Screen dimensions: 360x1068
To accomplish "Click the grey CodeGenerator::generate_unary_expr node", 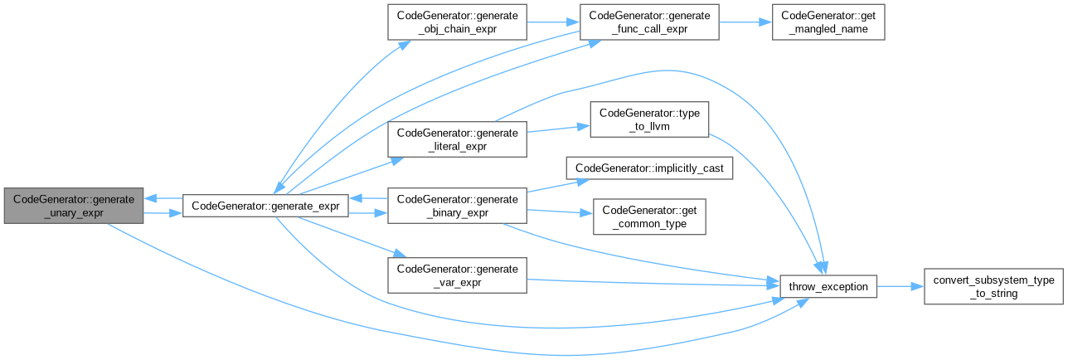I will pyautogui.click(x=73, y=205).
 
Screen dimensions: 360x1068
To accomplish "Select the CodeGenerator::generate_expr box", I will pyautogui.click(x=265, y=205).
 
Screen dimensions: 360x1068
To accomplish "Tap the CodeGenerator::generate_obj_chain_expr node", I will pyautogui.click(x=457, y=24).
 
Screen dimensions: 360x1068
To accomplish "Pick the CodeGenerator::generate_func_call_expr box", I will pyautogui.click(x=648, y=24).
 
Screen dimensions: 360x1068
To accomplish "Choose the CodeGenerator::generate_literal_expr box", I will pyautogui.click(x=457, y=139).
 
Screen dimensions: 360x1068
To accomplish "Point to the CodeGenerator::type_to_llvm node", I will pyautogui.click(x=648, y=119).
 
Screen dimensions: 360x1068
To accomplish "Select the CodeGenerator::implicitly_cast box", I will pyautogui.click(x=648, y=168).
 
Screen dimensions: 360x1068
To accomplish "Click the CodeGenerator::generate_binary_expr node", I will pyautogui.click(x=457, y=205).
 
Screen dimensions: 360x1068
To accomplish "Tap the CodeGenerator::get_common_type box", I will pyautogui.click(x=648, y=216).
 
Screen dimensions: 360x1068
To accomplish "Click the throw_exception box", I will pyautogui.click(x=828, y=286).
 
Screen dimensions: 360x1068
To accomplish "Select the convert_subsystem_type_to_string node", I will pyautogui.click(x=993, y=286).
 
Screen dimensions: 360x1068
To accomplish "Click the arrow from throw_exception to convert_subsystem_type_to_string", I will pyautogui.click(x=901, y=286).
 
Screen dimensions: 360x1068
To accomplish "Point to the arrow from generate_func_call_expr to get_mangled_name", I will pyautogui.click(x=745, y=24).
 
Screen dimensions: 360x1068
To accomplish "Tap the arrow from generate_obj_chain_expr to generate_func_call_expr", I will pyautogui.click(x=553, y=24).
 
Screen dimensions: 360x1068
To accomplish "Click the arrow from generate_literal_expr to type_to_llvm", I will pyautogui.click(x=558, y=129).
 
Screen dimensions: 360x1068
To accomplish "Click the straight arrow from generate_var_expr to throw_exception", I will pyautogui.click(x=655, y=282).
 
